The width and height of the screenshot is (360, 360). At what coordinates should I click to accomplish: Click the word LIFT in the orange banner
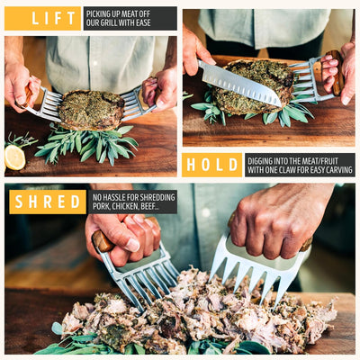click(x=53, y=19)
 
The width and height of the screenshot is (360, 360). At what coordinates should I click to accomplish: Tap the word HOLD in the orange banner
click(x=211, y=165)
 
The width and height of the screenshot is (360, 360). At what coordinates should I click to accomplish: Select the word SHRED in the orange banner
click(x=48, y=202)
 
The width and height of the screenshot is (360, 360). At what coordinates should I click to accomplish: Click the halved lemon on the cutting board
click(x=14, y=157)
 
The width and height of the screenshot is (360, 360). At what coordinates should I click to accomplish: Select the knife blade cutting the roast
click(x=240, y=83)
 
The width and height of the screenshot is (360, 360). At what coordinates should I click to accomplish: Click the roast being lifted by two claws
click(x=91, y=110)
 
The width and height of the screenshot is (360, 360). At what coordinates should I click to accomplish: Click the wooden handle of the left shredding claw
click(x=102, y=240)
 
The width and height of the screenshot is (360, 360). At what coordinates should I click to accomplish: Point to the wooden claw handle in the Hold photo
click(x=336, y=72)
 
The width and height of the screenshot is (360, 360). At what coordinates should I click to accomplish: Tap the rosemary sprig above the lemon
click(x=21, y=139)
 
